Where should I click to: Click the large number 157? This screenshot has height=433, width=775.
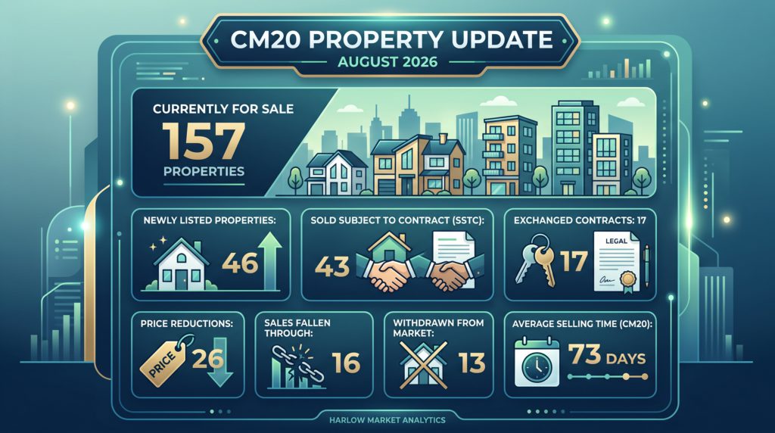pyautogui.click(x=204, y=141)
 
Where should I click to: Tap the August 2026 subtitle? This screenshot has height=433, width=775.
pyautogui.click(x=387, y=62)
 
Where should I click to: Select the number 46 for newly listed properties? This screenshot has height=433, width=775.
pyautogui.click(x=240, y=263)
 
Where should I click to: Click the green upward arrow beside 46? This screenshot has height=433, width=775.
pyautogui.click(x=270, y=261)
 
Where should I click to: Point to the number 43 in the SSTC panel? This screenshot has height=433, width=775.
pyautogui.click(x=332, y=266)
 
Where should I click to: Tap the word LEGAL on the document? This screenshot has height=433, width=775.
pyautogui.click(x=616, y=241)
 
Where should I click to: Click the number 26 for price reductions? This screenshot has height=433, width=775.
pyautogui.click(x=207, y=358)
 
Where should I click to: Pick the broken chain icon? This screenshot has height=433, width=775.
pyautogui.click(x=297, y=365)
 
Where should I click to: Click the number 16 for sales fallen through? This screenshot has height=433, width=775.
pyautogui.click(x=346, y=363)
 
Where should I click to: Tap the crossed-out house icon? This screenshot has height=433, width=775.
pyautogui.click(x=422, y=365)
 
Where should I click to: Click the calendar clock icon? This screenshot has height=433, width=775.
pyautogui.click(x=537, y=363)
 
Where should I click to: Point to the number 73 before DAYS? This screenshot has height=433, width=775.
pyautogui.click(x=584, y=354)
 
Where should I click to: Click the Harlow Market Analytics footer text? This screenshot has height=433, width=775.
pyautogui.click(x=387, y=420)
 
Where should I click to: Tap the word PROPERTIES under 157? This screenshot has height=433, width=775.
pyautogui.click(x=204, y=172)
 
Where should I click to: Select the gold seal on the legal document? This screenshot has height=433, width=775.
pyautogui.click(x=628, y=280)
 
